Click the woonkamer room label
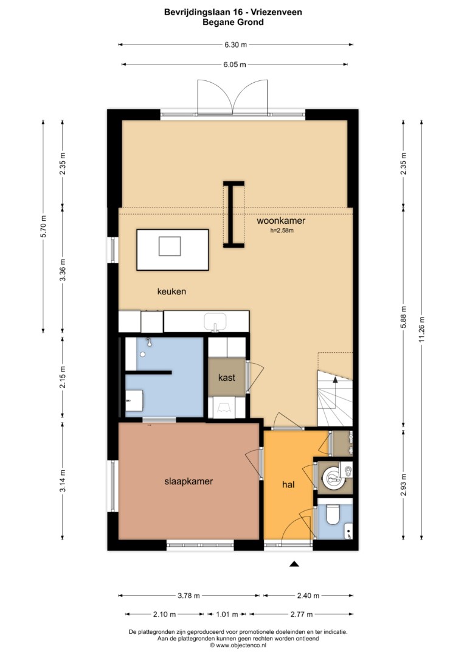pos(281,220)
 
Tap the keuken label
pos(171,291)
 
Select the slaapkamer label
pos(189,481)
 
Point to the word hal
pos(288,484)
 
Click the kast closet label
pos(227,378)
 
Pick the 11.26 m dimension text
pos(421,328)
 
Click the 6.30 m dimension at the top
pos(235,45)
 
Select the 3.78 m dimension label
pos(189,596)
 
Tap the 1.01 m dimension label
pos(227,614)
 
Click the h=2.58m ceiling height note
pos(282,230)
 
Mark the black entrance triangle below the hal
pos(294,564)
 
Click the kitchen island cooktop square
pos(170,246)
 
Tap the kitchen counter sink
pos(215,322)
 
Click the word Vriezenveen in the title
pos(277,12)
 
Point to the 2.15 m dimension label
pos(63,377)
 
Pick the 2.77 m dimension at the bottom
pos(302,614)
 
